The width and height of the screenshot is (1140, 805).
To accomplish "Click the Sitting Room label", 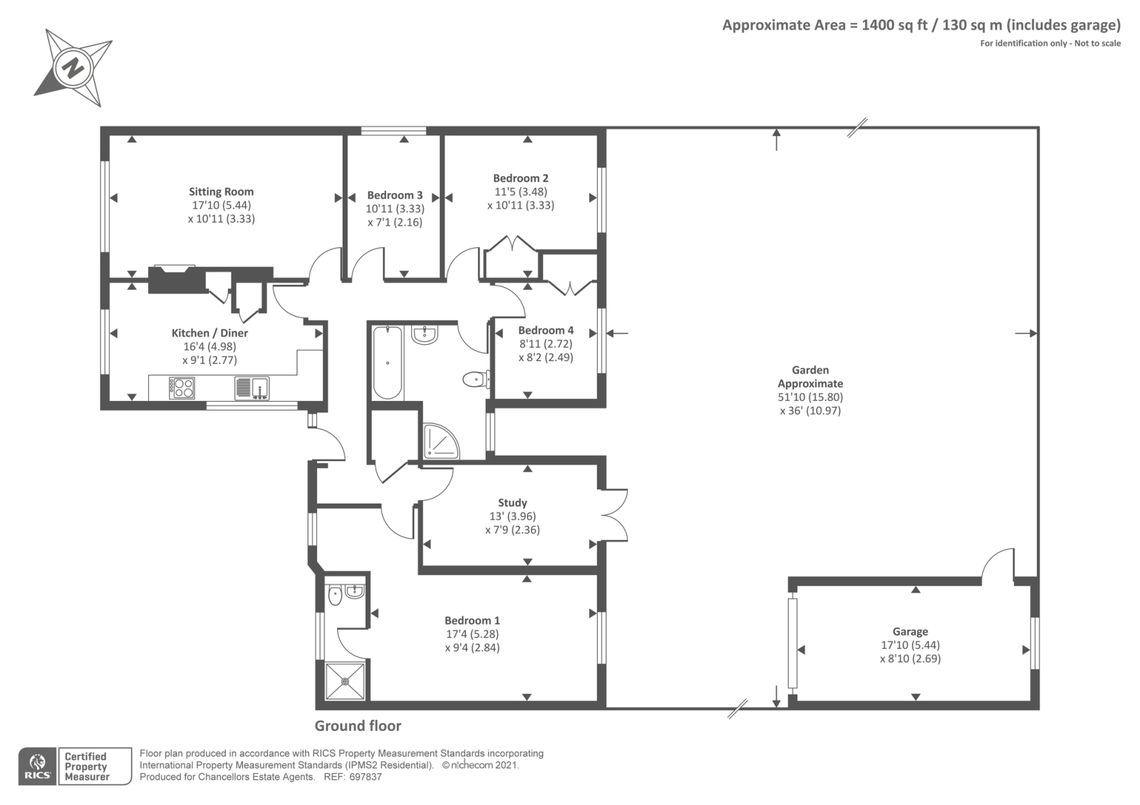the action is tap(221, 192).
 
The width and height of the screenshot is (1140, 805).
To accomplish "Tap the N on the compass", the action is tap(74, 67).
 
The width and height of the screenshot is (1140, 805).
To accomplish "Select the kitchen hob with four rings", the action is tap(182, 388).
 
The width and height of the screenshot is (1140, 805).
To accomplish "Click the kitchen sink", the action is tap(252, 388).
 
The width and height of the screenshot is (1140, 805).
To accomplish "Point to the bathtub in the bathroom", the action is tap(388, 363).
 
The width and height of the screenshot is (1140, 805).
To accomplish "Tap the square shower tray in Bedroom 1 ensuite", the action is tap(346, 681).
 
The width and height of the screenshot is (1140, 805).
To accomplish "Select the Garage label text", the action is tap(911, 631).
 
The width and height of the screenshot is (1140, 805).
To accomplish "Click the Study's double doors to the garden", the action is tap(614, 514).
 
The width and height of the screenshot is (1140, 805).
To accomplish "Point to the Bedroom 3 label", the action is tap(395, 195).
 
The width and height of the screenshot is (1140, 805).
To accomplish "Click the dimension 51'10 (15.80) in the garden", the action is tap(810, 397).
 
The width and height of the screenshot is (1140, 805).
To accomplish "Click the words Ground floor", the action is tap(358, 726).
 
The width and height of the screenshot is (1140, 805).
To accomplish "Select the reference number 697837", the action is tap(366, 777).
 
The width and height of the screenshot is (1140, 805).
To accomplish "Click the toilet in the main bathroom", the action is tap(477, 378).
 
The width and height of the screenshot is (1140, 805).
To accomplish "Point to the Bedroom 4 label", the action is tap(546, 331).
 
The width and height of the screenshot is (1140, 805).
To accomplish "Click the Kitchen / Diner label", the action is tap(209, 333).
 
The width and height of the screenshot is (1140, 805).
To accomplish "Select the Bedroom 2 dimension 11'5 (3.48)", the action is tap(521, 192).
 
